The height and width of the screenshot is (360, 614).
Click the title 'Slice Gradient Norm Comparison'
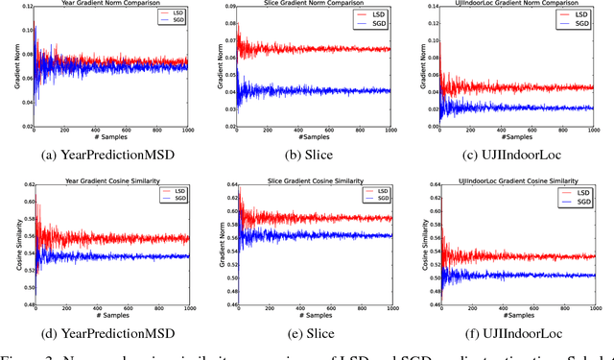(315, 4)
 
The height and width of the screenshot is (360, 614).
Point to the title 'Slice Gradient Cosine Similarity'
(315, 180)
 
